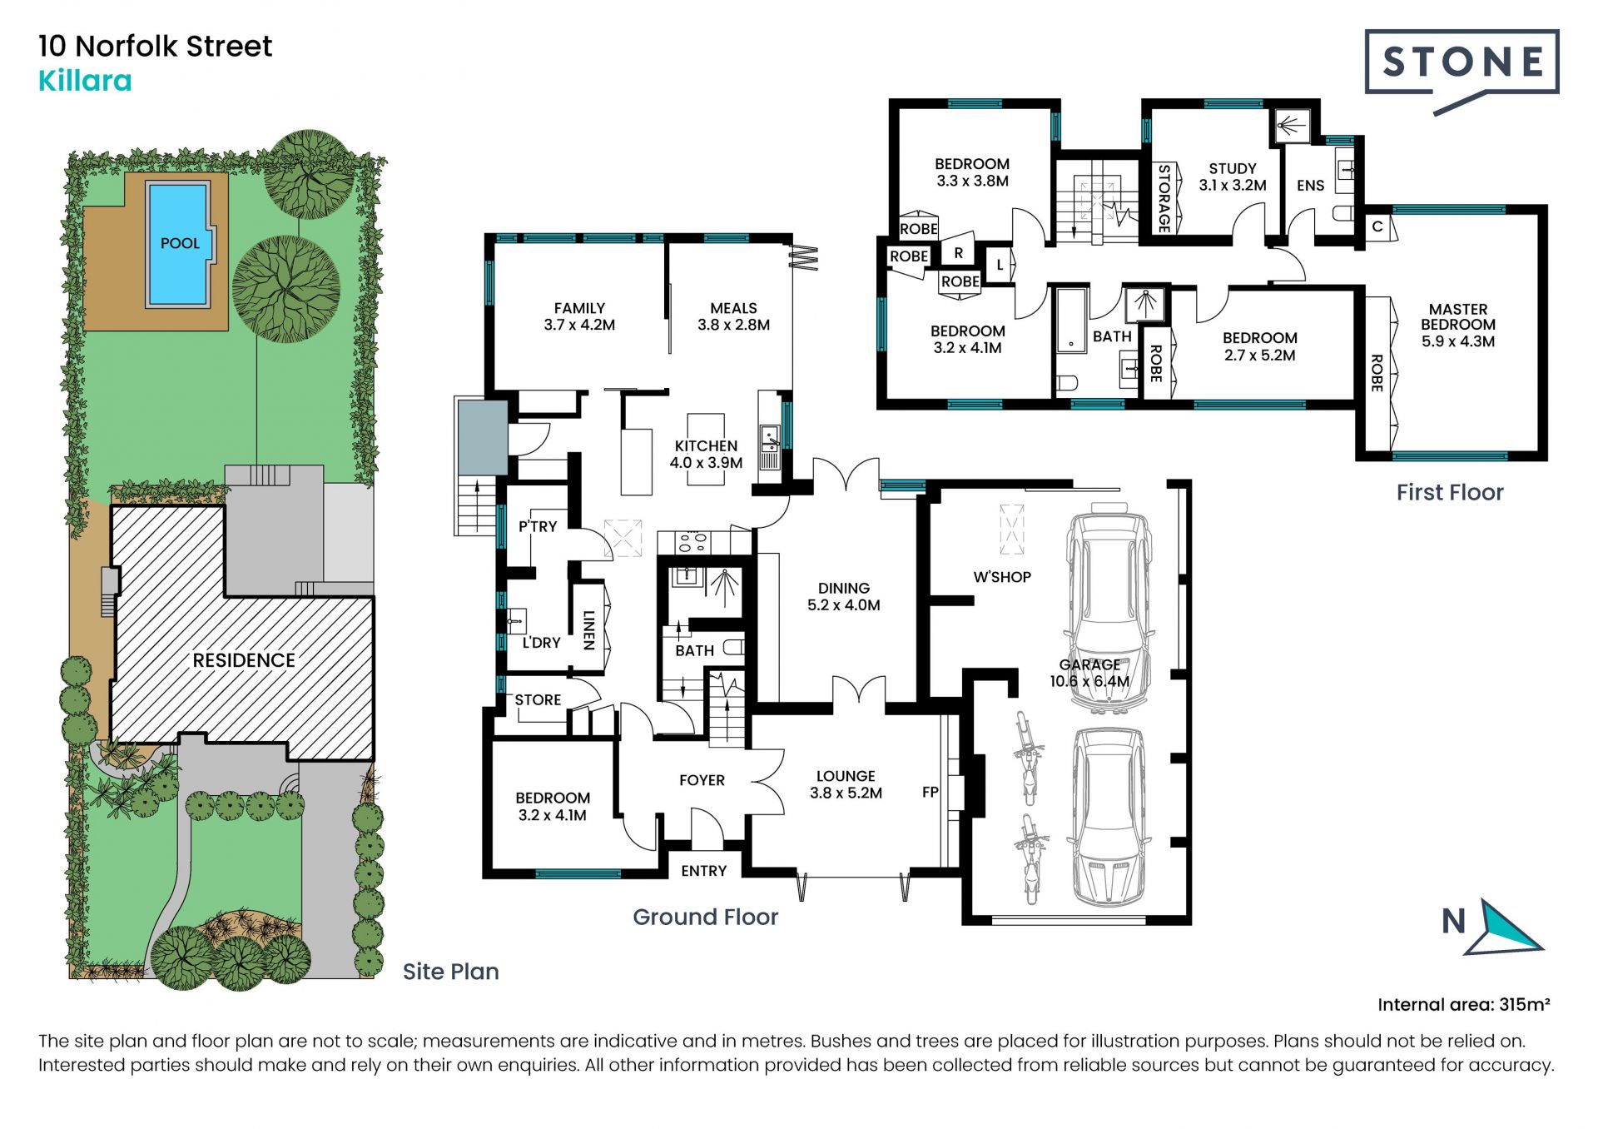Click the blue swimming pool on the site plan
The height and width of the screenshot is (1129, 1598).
[x=178, y=243]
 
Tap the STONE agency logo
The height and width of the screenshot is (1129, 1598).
[x=1462, y=72]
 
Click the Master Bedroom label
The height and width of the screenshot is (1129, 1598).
[x=1458, y=325]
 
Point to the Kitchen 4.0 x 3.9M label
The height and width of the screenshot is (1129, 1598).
[x=706, y=455]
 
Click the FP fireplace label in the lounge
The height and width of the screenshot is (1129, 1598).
[x=930, y=792]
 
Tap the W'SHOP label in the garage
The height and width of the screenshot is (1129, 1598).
[x=1002, y=577]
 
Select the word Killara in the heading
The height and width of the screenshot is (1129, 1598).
[x=85, y=81]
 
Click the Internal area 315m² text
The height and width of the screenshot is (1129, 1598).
[x=1463, y=1004]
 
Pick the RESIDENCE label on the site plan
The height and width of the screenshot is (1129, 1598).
[x=244, y=660]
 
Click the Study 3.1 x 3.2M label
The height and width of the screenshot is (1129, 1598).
[x=1233, y=177]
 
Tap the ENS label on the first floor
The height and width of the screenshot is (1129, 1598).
[x=1310, y=186]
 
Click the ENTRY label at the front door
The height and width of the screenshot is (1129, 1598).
[x=704, y=871]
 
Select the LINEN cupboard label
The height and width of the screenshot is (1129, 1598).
[x=588, y=629]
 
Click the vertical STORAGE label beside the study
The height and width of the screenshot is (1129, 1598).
[x=1164, y=198]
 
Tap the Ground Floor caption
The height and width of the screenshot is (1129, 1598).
[x=706, y=917]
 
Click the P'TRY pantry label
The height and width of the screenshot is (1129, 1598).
[x=538, y=526]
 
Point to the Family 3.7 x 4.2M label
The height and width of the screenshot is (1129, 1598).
[x=579, y=316]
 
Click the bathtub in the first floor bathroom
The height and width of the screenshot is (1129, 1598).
[x=1071, y=321]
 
